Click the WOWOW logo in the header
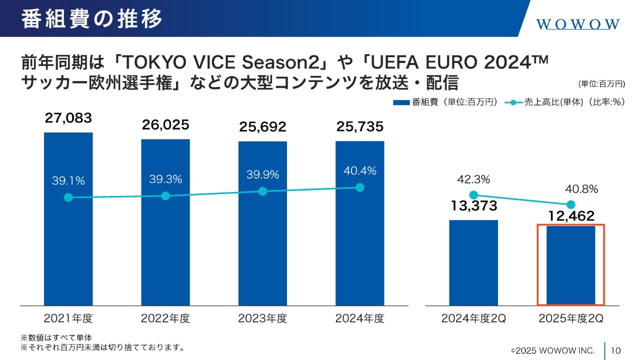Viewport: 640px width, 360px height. [578, 24]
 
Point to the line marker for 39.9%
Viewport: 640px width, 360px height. [262, 191]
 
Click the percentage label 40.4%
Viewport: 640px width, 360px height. [360, 171]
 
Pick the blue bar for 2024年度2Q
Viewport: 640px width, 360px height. [473, 262]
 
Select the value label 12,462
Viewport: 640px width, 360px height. [570, 216]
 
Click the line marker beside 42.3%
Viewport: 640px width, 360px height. [474, 195]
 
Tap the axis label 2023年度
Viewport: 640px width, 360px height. [262, 318]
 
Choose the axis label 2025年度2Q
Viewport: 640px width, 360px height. [571, 318]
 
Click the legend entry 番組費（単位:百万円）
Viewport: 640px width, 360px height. [445, 102]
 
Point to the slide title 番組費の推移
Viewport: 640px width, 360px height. [92, 19]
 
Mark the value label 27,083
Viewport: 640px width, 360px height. [68, 118]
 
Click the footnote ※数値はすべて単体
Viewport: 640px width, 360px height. [56, 337]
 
